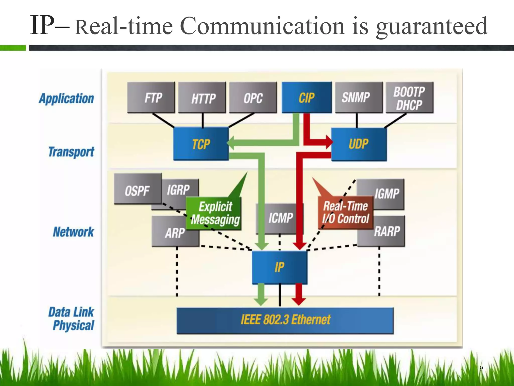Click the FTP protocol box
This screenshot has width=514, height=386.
pyautogui.click(x=151, y=98)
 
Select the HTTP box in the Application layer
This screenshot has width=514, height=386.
pyautogui.click(x=202, y=98)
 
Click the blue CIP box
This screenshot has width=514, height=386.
pyautogui.click(x=306, y=98)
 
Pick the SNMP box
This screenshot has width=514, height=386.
pyautogui.click(x=358, y=98)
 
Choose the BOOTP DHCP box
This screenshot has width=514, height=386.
pyautogui.click(x=409, y=98)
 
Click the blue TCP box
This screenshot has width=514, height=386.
pyautogui.click(x=201, y=144)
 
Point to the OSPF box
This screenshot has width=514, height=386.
pyautogui.click(x=137, y=190)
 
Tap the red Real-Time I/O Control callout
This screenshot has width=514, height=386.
pyautogui.click(x=345, y=213)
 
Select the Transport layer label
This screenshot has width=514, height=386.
pyautogui.click(x=71, y=152)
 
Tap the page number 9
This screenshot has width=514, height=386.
pyautogui.click(x=481, y=368)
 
